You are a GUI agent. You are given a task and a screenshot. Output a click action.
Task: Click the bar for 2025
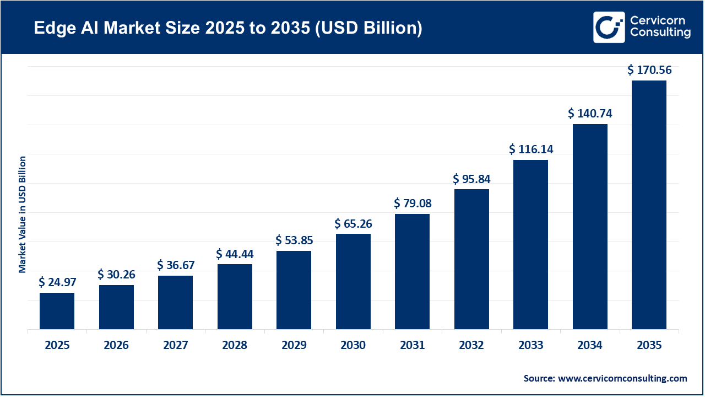[57, 311]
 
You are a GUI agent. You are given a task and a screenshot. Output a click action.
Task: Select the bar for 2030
[353, 282]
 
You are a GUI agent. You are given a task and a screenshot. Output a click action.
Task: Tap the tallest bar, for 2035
[649, 205]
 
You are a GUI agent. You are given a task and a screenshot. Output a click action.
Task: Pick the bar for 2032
[471, 259]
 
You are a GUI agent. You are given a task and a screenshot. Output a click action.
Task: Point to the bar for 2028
[235, 297]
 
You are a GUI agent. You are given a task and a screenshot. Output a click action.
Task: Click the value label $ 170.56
[649, 70]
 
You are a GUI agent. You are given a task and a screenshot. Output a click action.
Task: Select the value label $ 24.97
[57, 282]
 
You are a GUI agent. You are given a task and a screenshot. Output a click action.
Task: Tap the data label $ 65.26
[353, 223]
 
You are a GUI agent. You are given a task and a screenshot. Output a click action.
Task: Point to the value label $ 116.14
[530, 149]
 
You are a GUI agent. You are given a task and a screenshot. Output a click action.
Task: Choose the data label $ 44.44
[235, 254]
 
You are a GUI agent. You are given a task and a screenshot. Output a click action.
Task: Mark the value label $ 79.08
[413, 203]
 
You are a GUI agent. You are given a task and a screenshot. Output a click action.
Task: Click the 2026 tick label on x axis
[116, 346]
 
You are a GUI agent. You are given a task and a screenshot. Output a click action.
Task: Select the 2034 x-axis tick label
[590, 346]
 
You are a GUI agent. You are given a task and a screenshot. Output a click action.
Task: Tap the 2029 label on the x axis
[294, 346]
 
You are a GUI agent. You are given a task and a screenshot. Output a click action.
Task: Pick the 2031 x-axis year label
[413, 346]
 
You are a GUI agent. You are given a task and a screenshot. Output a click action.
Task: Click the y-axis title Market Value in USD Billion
[23, 214]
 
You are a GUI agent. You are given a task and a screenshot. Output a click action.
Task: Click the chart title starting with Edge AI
[228, 28]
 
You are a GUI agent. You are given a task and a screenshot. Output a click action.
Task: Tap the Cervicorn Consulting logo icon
[609, 27]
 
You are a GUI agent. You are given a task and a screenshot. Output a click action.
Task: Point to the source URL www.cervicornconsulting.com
[622, 378]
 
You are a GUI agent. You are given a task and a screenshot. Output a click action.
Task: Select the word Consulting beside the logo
[661, 33]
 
